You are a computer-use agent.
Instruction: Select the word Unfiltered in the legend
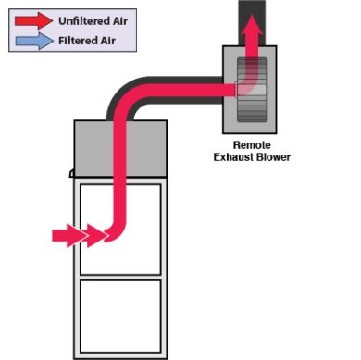(78, 19)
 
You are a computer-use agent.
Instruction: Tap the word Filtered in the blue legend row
(73, 39)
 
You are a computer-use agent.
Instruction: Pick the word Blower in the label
(274, 157)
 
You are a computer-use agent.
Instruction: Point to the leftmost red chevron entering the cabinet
(64, 235)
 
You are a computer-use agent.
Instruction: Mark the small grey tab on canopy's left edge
(70, 173)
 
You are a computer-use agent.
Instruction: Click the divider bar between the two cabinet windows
(121, 276)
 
